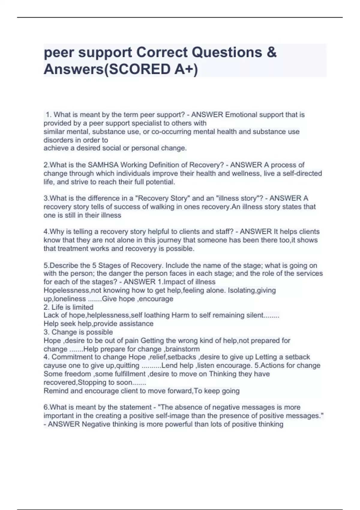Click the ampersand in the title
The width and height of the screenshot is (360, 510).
271,52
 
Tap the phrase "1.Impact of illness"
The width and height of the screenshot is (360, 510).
186,282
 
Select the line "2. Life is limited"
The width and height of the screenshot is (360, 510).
68,307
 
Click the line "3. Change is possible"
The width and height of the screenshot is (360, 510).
78,332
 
